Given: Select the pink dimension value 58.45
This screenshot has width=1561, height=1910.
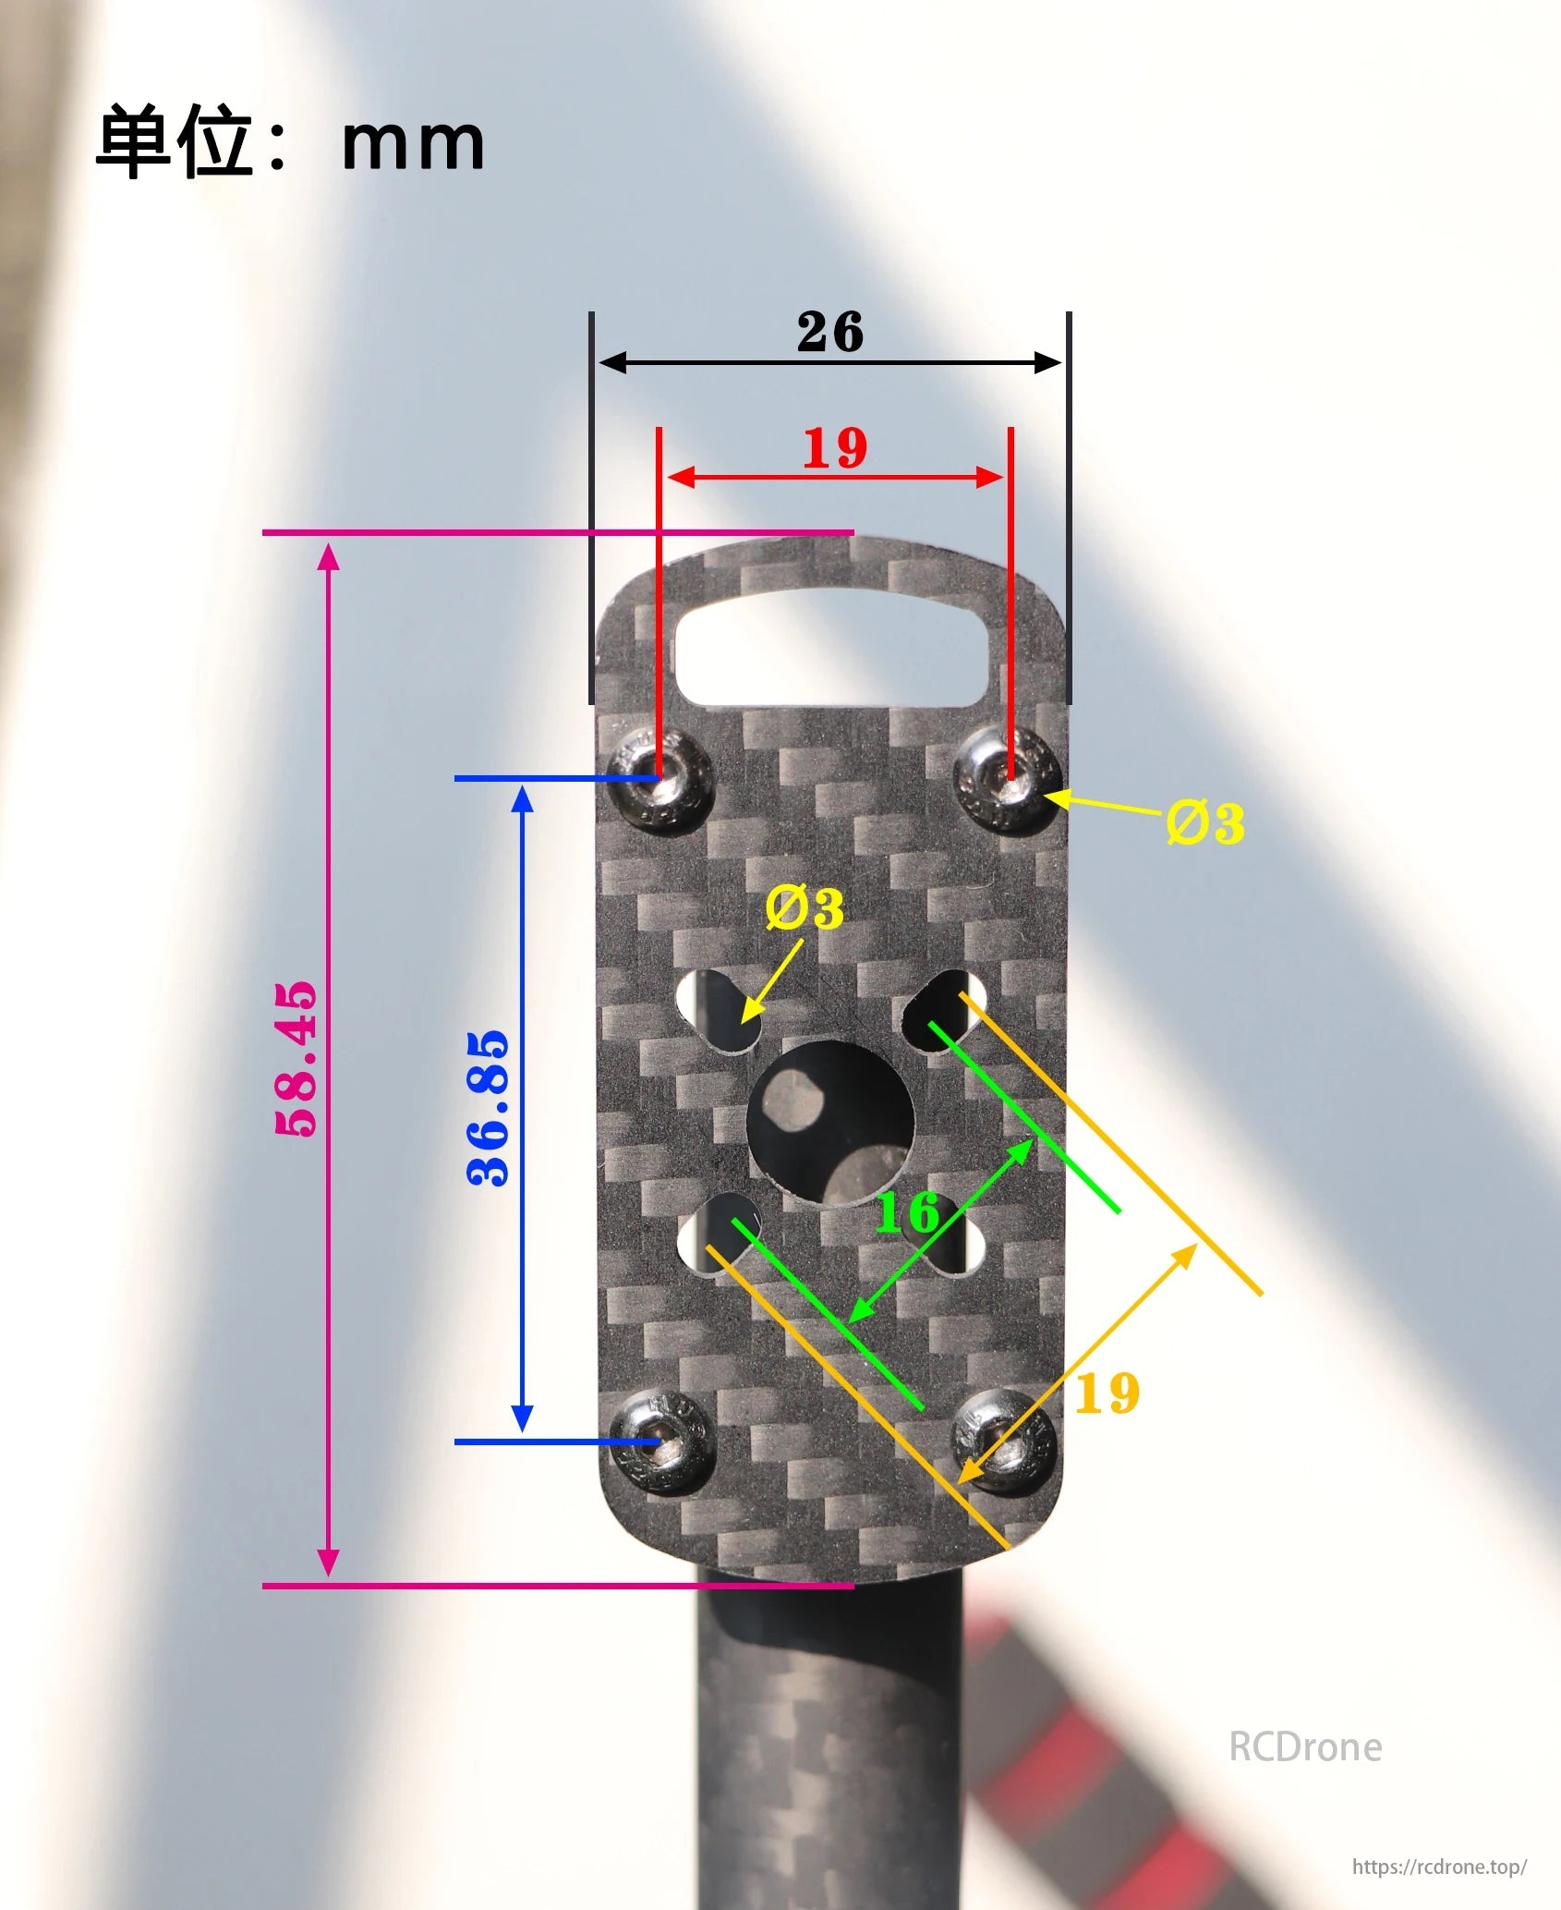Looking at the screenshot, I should point(296,1059).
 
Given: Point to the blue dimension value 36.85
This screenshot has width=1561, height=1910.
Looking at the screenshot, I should point(488,1108).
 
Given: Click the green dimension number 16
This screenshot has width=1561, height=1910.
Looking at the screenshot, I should point(907,1212).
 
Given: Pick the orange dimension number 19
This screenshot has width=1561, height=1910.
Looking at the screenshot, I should point(1107,1393).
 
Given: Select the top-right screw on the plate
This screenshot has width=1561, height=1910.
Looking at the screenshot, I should point(1008,779).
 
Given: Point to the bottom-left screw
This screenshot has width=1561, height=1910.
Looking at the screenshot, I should point(661,1442).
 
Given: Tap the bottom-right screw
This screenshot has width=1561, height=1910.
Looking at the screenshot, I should point(1003,1440).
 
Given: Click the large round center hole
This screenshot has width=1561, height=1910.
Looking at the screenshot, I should point(829,1123).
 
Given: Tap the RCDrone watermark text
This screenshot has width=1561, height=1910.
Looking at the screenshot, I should point(1304,1746).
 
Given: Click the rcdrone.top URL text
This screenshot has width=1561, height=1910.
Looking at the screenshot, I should point(1439,1867).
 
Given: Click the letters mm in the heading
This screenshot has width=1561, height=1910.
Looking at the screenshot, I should point(412,144).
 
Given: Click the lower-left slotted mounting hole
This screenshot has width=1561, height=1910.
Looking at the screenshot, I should point(719,1233).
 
